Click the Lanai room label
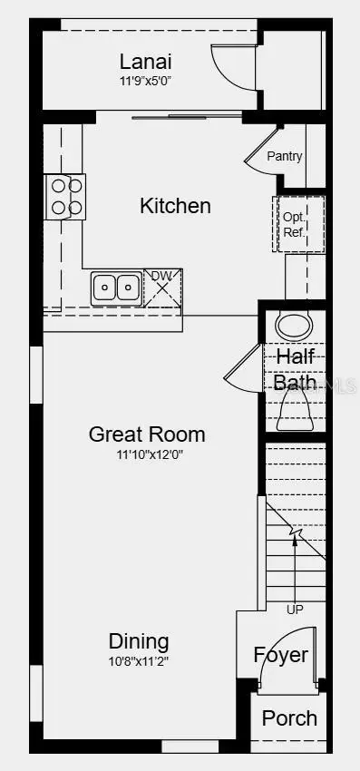pyautogui.click(x=146, y=62)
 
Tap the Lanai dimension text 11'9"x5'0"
pyautogui.click(x=146, y=80)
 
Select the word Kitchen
pyautogui.click(x=175, y=206)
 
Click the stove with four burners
pyautogui.click(x=65, y=196)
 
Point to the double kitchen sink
pyautogui.click(x=117, y=288)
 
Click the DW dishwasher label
pyautogui.click(x=161, y=277)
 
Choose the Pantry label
pyautogui.click(x=284, y=156)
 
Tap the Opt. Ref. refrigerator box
pyautogui.click(x=294, y=224)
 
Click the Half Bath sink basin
pyautogui.click(x=293, y=325)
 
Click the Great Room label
pyautogui.click(x=147, y=434)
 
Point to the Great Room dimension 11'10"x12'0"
pyautogui.click(x=147, y=454)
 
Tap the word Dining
pyautogui.click(x=139, y=641)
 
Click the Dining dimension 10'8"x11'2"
pyautogui.click(x=139, y=661)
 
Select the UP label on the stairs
pyautogui.click(x=295, y=610)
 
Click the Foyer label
pyautogui.click(x=280, y=655)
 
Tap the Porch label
pyautogui.click(x=289, y=718)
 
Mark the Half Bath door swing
pyautogui.click(x=243, y=370)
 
